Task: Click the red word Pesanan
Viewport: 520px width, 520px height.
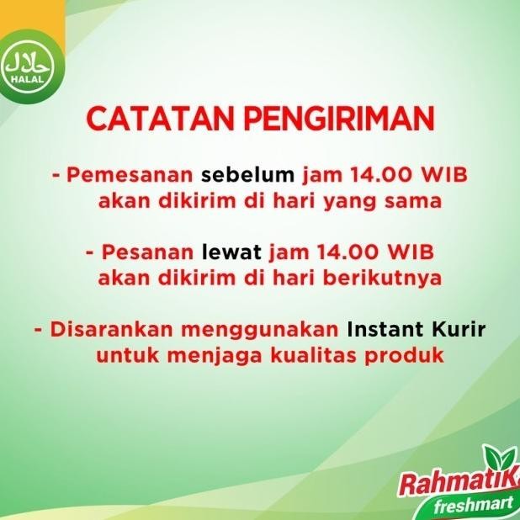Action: [x=148, y=252]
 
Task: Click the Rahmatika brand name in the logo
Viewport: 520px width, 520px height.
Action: [x=455, y=486]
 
